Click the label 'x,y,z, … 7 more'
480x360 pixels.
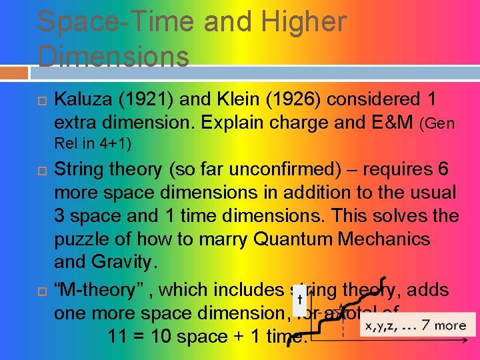pyautogui.click(x=415, y=325)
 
